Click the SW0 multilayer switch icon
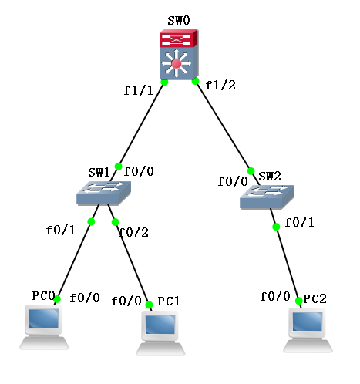point(179,55)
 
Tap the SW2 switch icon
point(266,197)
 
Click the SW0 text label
point(178,19)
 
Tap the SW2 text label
point(270,177)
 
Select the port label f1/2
point(220,85)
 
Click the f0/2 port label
point(136,232)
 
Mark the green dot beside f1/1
point(164,81)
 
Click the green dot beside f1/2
point(195,81)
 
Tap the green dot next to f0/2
point(116,222)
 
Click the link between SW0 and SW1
point(141,123)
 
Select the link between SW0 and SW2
point(223,126)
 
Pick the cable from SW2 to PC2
point(288,267)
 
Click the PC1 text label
point(169,301)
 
